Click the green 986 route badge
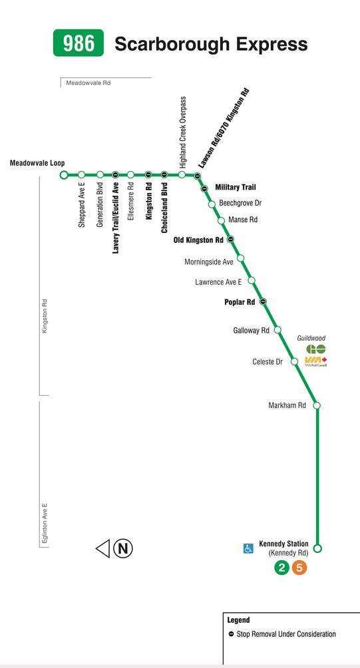point(79,43)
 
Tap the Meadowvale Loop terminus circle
point(64,175)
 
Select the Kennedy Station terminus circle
point(317,548)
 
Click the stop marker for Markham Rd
point(317,406)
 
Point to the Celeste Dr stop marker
point(294,362)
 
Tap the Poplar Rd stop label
point(240,302)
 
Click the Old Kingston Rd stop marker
point(230,240)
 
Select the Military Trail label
point(236,187)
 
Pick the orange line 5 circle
point(299,568)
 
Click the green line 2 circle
point(281,568)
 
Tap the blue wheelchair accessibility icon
point(248,548)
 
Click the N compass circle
point(122,548)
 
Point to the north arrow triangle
point(103,548)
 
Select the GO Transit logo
point(315,349)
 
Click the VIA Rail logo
point(315,362)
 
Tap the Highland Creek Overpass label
point(183,132)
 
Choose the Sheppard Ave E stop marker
point(81,175)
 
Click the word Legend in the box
point(239,620)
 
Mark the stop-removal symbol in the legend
point(231,634)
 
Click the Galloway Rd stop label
point(252,330)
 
